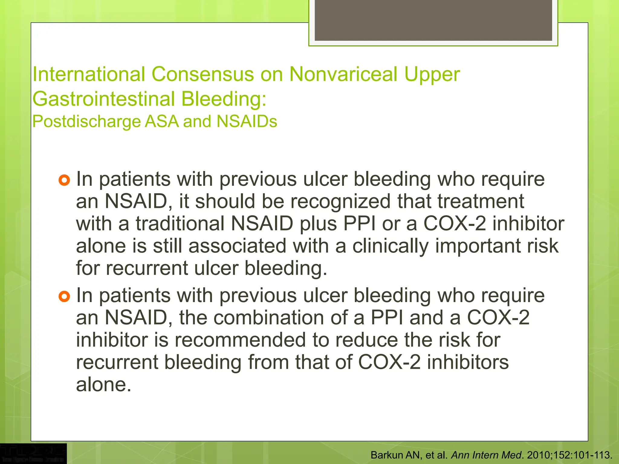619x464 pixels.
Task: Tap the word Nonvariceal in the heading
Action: pyautogui.click(x=343, y=74)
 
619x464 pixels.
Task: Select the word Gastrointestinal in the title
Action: pyautogui.click(x=104, y=99)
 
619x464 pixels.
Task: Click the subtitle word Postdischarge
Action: pyautogui.click(x=87, y=122)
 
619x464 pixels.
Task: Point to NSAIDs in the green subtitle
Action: pyautogui.click(x=247, y=121)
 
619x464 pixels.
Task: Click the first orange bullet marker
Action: pyautogui.click(x=64, y=180)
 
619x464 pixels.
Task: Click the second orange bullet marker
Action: pyautogui.click(x=64, y=296)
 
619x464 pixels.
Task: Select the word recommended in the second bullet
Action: pyautogui.click(x=240, y=340)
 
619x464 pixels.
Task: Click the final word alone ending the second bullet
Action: pyautogui.click(x=103, y=385)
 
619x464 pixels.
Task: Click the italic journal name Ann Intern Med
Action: pyautogui.click(x=486, y=455)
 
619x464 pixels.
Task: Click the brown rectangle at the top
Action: pyautogui.click(x=433, y=20)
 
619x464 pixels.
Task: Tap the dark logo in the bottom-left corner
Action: pyautogui.click(x=33, y=453)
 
